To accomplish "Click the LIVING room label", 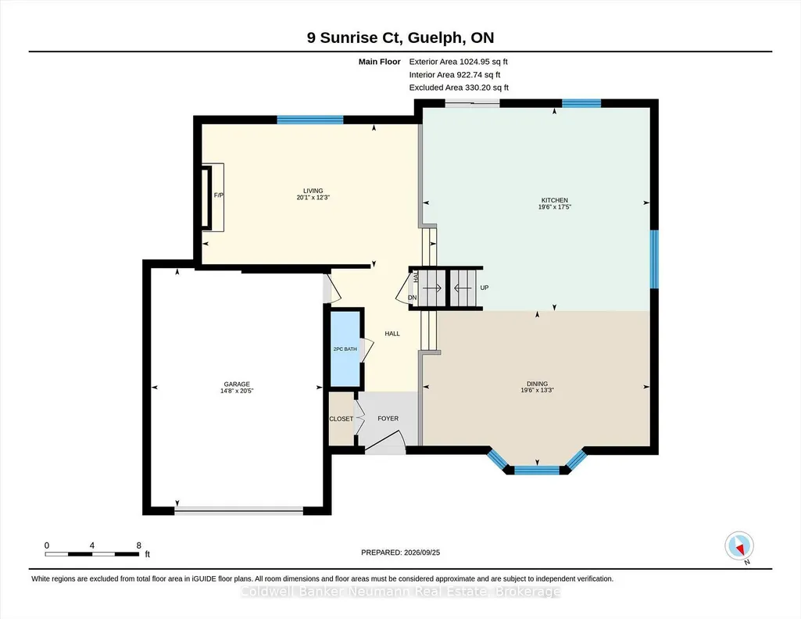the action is [x=313, y=191].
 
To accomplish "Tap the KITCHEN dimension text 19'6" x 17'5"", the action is [x=554, y=207].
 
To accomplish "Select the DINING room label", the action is [x=537, y=384].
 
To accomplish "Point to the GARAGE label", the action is [x=237, y=384].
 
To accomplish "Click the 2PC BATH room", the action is [x=345, y=349].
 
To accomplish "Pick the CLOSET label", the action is [x=341, y=419].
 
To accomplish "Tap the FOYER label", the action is [x=388, y=418].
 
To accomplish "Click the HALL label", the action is [x=392, y=334].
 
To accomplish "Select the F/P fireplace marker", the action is [x=219, y=195].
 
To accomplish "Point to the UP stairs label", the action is [x=485, y=288].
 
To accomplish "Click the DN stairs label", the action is [x=413, y=298].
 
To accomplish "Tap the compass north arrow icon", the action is [x=739, y=546].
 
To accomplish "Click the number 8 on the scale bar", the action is [x=138, y=546].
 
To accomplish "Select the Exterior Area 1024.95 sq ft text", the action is [x=458, y=62].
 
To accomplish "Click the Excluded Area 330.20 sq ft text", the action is [x=459, y=88].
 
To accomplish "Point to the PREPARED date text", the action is [x=400, y=552].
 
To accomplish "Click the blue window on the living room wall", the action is [x=310, y=120].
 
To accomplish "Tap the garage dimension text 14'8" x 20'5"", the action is [x=237, y=391].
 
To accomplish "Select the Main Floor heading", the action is [x=380, y=62].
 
